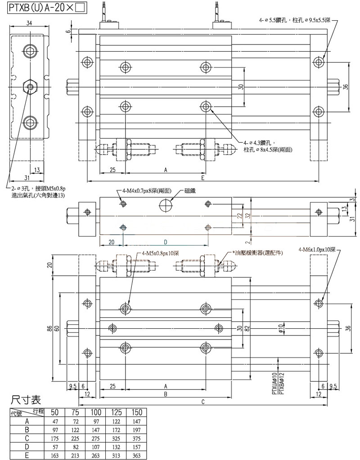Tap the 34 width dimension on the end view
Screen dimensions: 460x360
(28, 24)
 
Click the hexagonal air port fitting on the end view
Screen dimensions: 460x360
(30, 86)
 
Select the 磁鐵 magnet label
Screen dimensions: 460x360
(189, 191)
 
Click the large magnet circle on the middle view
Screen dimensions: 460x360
(166, 205)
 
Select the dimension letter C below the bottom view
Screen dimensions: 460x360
(203, 402)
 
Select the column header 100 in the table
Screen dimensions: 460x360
(96, 412)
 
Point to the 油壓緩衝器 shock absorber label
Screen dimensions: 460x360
(256, 253)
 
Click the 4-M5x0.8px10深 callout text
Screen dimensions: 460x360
(160, 253)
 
